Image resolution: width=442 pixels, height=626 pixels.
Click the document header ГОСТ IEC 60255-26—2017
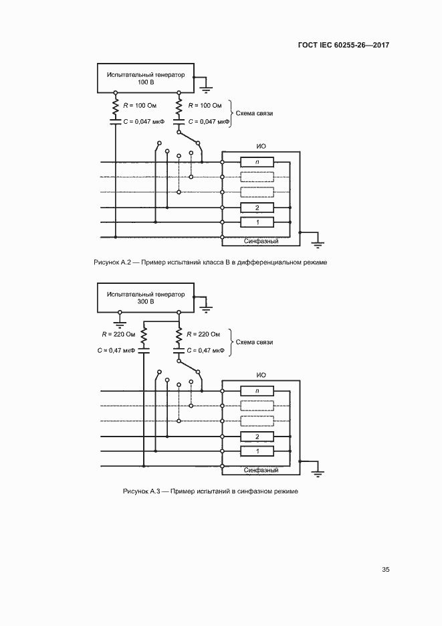pos(344,46)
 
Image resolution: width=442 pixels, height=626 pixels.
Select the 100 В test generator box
pos(145,78)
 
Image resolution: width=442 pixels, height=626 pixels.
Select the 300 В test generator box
pos(145,298)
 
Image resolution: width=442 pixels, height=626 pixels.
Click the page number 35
pos(385,570)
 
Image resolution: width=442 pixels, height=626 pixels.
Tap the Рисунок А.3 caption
pos(210,491)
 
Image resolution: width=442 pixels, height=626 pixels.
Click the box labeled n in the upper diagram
pos(257,162)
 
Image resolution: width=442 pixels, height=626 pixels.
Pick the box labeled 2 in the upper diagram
pos(257,208)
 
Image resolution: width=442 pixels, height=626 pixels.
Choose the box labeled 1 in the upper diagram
pos(257,222)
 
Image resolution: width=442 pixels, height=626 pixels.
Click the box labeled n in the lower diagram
pos(257,391)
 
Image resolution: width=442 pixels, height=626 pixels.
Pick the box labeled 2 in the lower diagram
pos(257,437)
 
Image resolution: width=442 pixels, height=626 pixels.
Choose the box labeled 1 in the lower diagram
pos(257,452)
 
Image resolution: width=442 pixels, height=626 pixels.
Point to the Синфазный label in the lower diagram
pos(261,470)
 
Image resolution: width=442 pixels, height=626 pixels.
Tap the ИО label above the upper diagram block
pos(261,146)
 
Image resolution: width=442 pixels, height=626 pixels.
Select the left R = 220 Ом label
pos(118,334)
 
